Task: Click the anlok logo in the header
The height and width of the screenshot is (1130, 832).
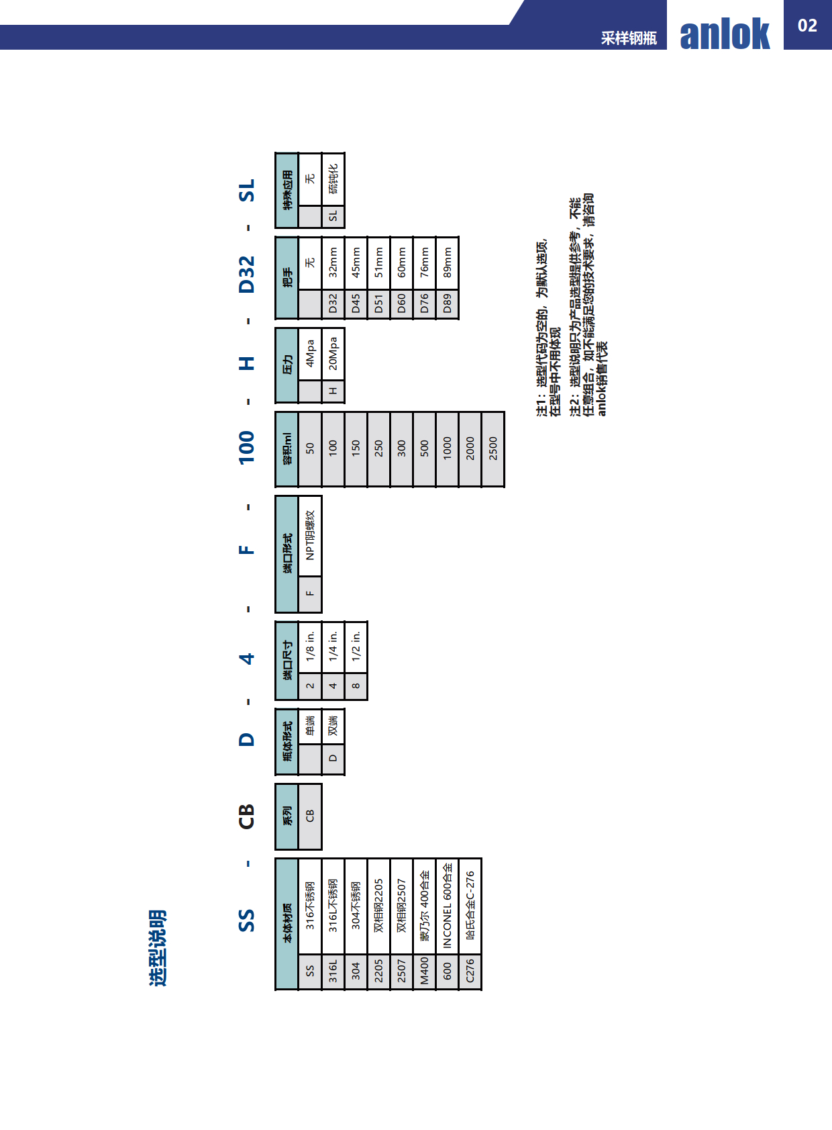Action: [725, 34]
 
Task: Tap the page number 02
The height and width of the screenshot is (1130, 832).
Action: [807, 26]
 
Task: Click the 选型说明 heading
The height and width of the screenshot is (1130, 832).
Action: [157, 947]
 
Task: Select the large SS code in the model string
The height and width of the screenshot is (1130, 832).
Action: [247, 920]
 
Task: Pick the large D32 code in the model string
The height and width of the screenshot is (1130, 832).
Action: [247, 274]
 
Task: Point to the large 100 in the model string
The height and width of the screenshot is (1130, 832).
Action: [247, 447]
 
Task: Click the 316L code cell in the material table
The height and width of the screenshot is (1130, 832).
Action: [333, 971]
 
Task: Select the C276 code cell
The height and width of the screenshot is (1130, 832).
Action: [470, 971]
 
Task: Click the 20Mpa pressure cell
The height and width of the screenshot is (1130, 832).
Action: [333, 353]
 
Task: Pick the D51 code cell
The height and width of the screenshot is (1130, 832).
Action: [378, 303]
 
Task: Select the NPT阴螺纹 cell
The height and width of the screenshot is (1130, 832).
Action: [310, 535]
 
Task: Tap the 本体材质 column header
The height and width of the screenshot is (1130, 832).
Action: [287, 924]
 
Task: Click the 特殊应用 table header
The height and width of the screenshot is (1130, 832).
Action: [287, 190]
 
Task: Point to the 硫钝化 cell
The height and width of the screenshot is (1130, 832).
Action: [333, 179]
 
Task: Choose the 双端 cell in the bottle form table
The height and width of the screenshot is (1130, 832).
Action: [333, 726]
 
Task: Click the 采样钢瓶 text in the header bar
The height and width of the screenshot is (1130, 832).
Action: [629, 38]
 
